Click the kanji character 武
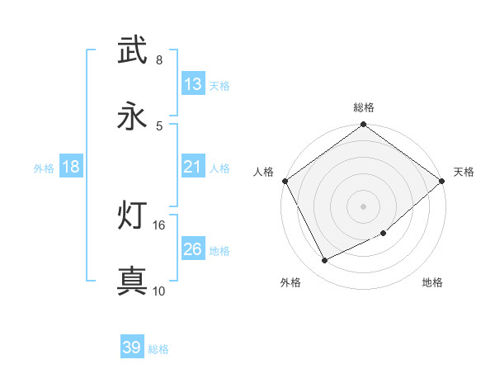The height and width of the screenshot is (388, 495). pyautogui.click(x=133, y=50)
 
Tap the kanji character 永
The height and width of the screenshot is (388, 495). pyautogui.click(x=133, y=116)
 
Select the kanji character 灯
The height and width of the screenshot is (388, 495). pyautogui.click(x=133, y=215)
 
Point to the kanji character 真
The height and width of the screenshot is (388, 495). pyautogui.click(x=133, y=282)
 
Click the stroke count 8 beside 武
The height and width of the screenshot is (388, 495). pyautogui.click(x=159, y=60)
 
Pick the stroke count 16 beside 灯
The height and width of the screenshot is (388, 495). pyautogui.click(x=159, y=225)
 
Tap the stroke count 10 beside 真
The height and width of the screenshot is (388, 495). pyautogui.click(x=159, y=291)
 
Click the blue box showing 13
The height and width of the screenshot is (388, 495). pyautogui.click(x=192, y=84)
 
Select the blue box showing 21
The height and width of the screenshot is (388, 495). pyautogui.click(x=192, y=168)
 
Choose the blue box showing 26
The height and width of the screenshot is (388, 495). pyautogui.click(x=192, y=249)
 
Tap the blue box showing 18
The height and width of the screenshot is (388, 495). pyautogui.click(x=71, y=168)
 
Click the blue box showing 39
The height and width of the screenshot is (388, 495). pyautogui.click(x=132, y=348)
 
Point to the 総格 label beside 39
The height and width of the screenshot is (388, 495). pyautogui.click(x=158, y=349)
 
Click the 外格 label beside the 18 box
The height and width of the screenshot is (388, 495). pyautogui.click(x=44, y=168)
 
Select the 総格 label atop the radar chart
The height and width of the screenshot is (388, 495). pyautogui.click(x=364, y=107)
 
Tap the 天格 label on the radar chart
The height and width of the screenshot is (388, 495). pyautogui.click(x=464, y=172)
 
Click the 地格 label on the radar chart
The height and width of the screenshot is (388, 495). pyautogui.click(x=432, y=283)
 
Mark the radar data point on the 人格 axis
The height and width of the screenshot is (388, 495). pyautogui.click(x=284, y=181)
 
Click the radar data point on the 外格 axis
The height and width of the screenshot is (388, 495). pyautogui.click(x=325, y=261)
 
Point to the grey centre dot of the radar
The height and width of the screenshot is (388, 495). pyautogui.click(x=364, y=206)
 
